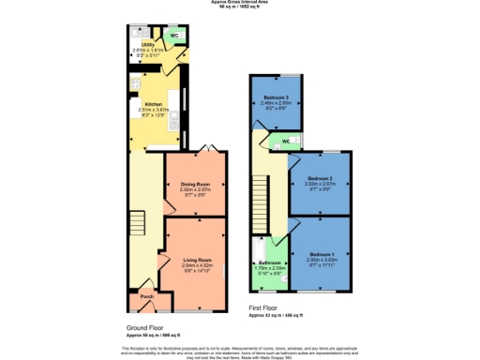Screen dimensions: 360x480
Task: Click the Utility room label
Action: (x=148, y=44)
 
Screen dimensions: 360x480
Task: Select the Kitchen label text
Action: (x=153, y=104)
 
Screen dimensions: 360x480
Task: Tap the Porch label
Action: (x=146, y=297)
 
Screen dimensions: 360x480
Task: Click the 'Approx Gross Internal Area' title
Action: (x=240, y=4)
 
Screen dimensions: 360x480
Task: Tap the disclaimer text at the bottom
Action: (x=240, y=350)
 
